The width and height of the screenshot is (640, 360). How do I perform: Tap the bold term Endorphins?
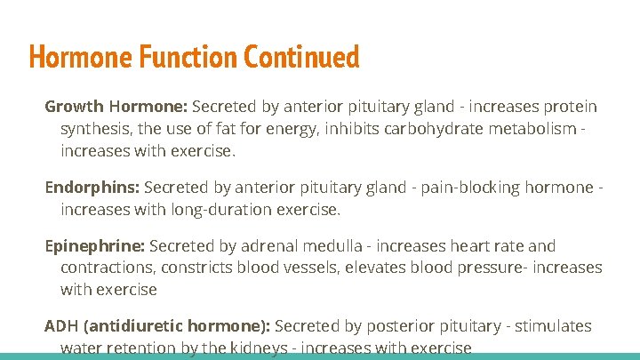pyautogui.click(x=92, y=188)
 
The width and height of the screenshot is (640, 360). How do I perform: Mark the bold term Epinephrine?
pyautogui.click(x=95, y=246)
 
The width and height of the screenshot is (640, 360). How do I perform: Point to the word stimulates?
pyautogui.click(x=552, y=326)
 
